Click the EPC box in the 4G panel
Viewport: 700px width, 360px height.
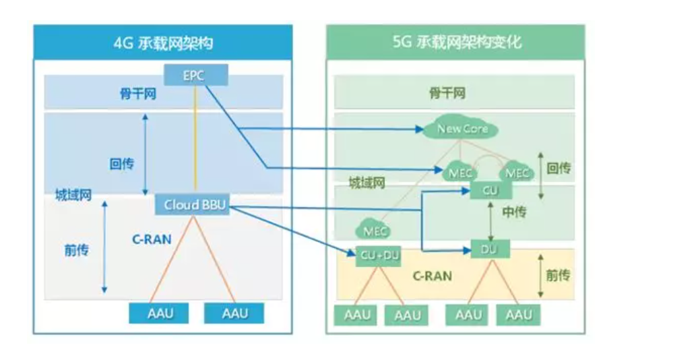point(195,75)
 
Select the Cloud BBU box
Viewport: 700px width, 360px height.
point(192,205)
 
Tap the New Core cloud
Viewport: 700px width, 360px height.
point(462,129)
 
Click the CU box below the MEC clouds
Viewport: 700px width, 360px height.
point(490,191)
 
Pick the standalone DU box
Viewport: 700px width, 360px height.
point(490,249)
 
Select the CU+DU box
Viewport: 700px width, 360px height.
point(379,256)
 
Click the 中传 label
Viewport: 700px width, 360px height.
point(513,212)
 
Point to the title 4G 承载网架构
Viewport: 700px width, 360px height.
point(163,43)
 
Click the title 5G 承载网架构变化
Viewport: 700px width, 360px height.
point(456,43)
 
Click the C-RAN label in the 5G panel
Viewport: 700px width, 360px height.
point(432,276)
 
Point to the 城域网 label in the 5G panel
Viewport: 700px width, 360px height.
point(367,183)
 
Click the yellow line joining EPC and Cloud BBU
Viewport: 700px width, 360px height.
point(195,142)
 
